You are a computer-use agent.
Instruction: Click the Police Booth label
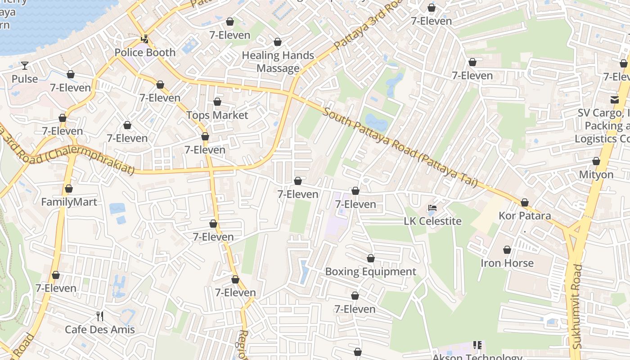(x=145, y=53)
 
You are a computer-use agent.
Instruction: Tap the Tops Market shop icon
(x=217, y=102)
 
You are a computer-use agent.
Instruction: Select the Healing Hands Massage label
(x=278, y=62)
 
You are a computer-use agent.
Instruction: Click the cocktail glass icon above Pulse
(x=25, y=66)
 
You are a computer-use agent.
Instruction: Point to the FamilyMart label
(x=69, y=202)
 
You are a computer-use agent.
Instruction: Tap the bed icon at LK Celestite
(x=432, y=208)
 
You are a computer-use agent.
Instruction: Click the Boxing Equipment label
(x=370, y=272)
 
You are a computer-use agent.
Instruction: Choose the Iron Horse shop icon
(x=507, y=250)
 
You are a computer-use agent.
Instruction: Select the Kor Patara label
(x=525, y=216)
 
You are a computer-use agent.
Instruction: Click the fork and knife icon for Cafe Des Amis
(x=100, y=316)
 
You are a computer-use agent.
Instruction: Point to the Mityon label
(x=596, y=175)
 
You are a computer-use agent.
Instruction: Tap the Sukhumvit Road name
(x=577, y=306)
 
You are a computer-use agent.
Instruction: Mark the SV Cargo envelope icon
(x=614, y=99)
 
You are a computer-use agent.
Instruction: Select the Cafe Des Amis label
(x=100, y=330)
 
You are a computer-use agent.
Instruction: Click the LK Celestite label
(x=432, y=221)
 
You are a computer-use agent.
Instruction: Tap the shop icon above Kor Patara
(x=525, y=203)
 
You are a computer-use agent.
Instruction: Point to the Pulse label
(x=25, y=79)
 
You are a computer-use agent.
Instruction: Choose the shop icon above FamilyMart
(x=69, y=189)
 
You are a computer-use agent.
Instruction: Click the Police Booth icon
(x=145, y=39)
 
